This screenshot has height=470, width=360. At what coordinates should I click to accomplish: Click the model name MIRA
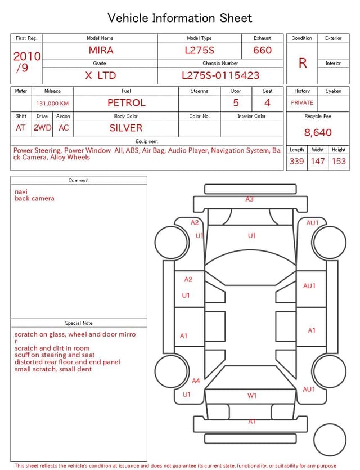click(x=101, y=50)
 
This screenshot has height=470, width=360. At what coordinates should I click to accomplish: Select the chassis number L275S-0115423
click(x=220, y=75)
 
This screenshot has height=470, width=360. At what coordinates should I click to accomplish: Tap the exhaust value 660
click(x=262, y=50)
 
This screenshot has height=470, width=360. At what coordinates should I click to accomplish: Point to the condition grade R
click(x=303, y=63)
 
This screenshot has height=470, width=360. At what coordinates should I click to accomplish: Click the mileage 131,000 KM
click(x=52, y=104)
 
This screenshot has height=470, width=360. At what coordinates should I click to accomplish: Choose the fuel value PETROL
click(x=126, y=103)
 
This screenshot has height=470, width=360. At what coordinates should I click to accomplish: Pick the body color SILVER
click(x=126, y=128)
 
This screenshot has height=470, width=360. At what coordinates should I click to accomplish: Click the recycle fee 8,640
click(x=318, y=133)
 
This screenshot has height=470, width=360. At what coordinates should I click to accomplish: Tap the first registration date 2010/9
click(x=26, y=62)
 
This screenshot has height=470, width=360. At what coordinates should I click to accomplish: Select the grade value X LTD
click(x=101, y=75)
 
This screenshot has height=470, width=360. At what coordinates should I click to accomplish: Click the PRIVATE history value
click(x=302, y=103)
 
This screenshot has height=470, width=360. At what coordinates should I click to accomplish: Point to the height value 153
click(x=339, y=162)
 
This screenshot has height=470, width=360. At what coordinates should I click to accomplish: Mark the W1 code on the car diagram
click(x=252, y=396)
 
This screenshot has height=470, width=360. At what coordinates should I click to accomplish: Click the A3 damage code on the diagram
click(x=249, y=199)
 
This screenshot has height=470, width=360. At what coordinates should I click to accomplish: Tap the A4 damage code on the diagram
click(x=196, y=381)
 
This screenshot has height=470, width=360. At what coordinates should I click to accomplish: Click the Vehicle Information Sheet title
click(x=180, y=18)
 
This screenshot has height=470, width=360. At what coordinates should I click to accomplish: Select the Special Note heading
click(x=79, y=323)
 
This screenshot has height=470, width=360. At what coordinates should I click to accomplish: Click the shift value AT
click(x=21, y=128)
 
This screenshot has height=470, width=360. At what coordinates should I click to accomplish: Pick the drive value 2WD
click(x=42, y=128)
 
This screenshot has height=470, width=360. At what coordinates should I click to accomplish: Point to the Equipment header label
click(x=147, y=141)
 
